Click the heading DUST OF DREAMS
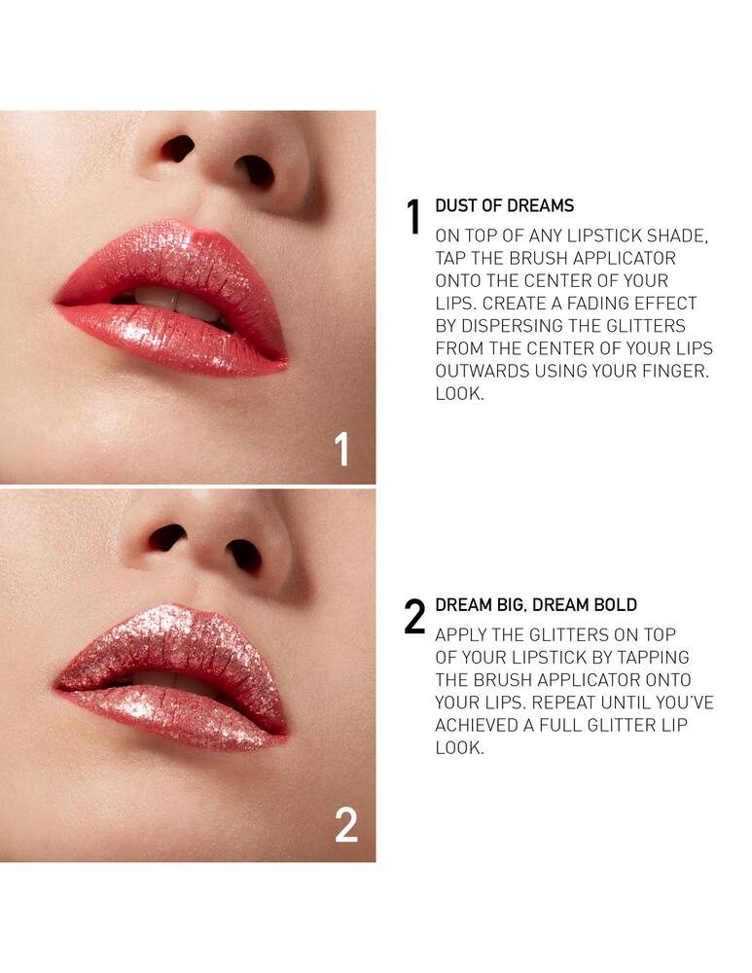click(x=505, y=205)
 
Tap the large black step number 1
click(x=413, y=217)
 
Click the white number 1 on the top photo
click(x=341, y=449)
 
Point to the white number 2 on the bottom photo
click(x=346, y=825)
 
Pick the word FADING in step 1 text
click(x=612, y=303)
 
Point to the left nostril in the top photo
click(x=178, y=148)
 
